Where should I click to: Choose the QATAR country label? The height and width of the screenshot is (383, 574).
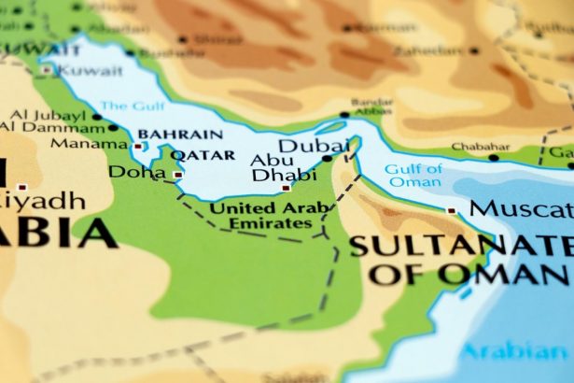point(199,154)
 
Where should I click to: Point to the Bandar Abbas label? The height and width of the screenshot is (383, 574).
point(371,107)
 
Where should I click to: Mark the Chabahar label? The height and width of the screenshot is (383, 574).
point(480,147)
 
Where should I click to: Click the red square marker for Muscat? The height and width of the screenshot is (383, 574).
point(454,211)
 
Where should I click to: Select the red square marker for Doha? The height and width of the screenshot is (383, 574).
point(178,174)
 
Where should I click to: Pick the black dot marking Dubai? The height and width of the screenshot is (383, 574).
point(327,159)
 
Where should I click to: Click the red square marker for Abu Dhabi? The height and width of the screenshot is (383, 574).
point(287,187)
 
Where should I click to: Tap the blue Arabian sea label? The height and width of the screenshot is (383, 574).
point(528,352)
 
